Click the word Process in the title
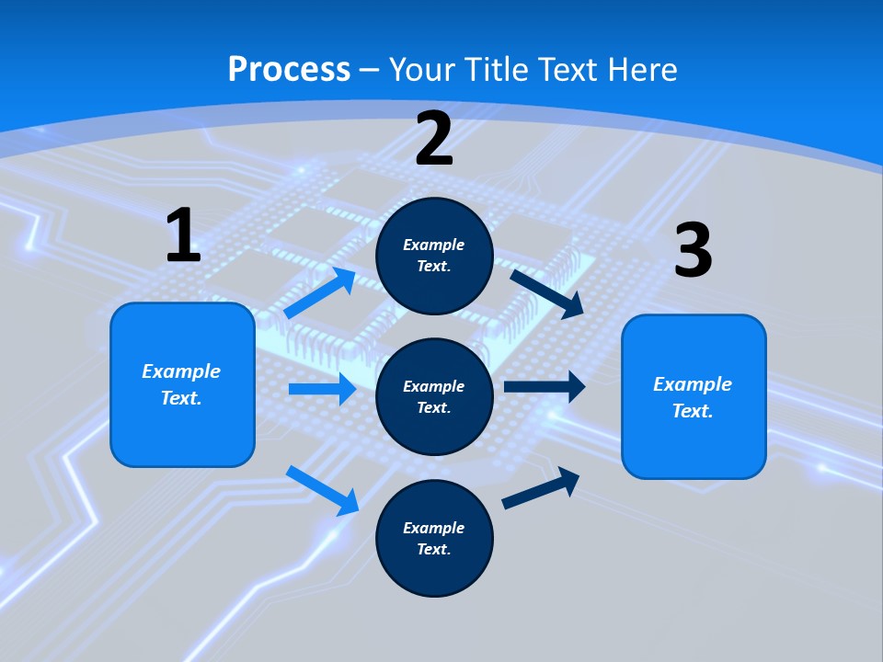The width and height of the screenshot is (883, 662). coord(289,70)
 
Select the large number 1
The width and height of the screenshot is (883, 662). coord(183,236)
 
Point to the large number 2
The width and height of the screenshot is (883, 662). coord(434,140)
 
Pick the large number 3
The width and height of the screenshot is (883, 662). coord(693,251)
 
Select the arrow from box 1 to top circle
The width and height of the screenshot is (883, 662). coord(320,293)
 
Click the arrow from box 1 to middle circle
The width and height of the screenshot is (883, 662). coord(322,389)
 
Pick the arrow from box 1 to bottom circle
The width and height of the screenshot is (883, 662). coord(323,490)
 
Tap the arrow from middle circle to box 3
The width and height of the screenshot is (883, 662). coord(545,387)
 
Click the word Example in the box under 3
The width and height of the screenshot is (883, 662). coord(693,384)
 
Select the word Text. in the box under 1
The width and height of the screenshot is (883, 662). coord(181,398)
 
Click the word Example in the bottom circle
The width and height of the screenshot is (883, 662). coord(434,528)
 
